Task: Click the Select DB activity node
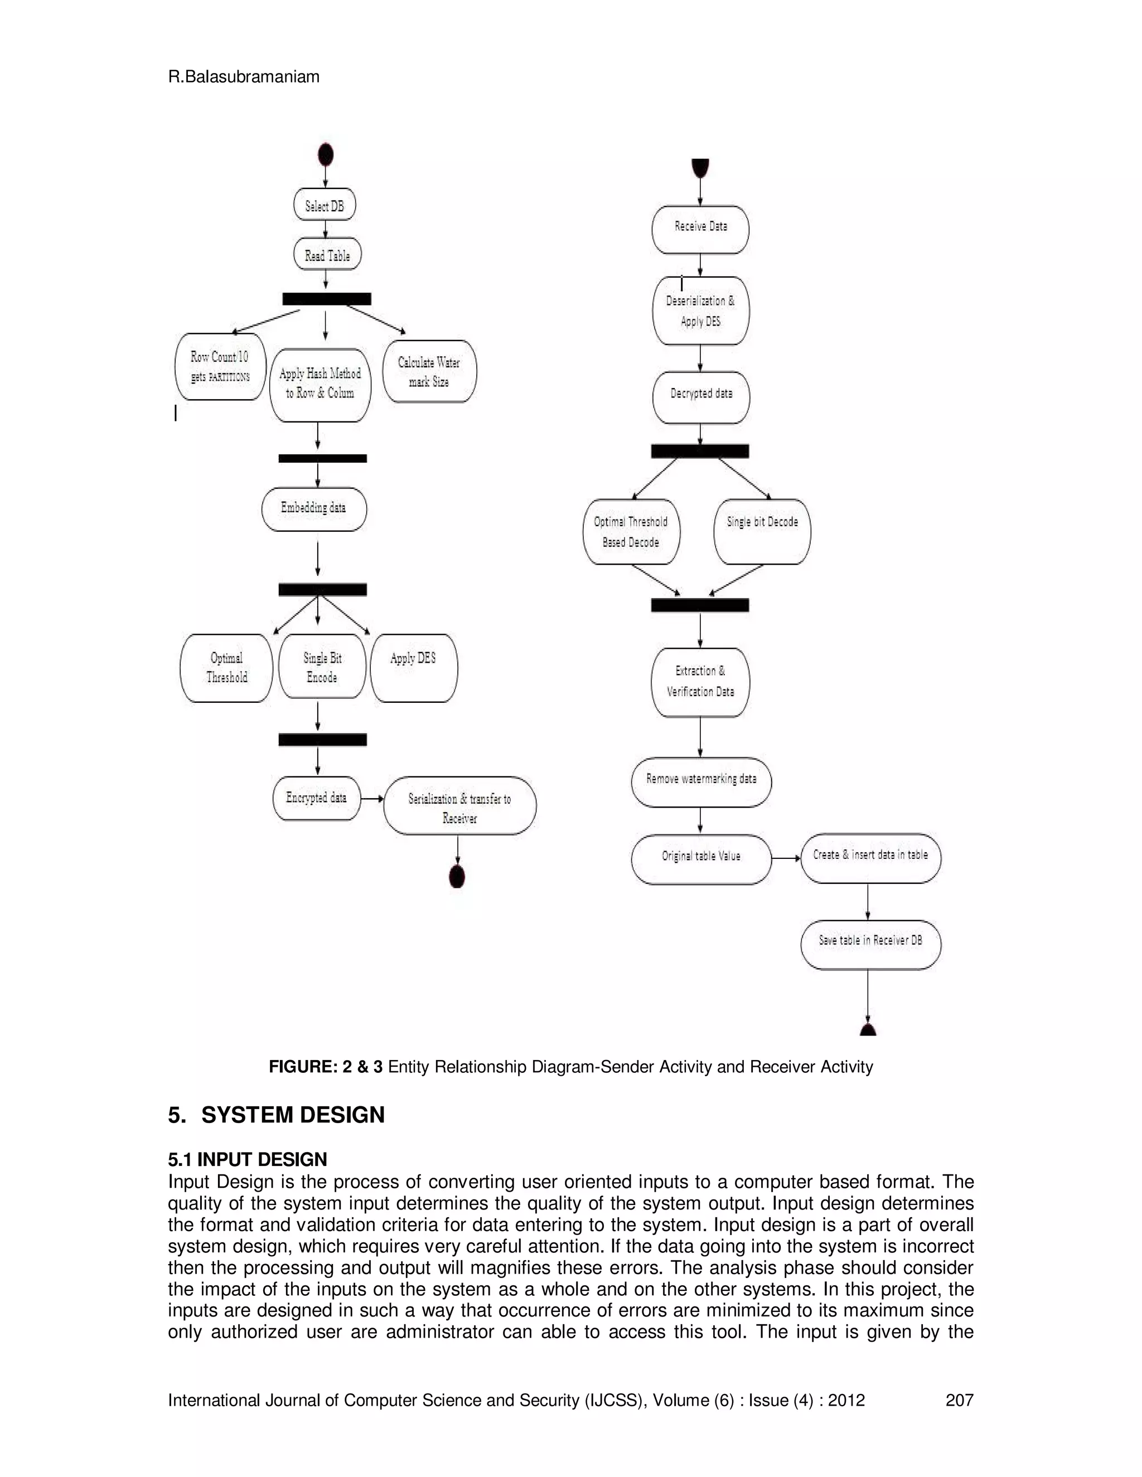point(325,205)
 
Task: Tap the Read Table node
point(327,255)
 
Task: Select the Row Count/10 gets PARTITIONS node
point(220,367)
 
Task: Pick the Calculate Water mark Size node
point(429,371)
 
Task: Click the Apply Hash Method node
point(320,384)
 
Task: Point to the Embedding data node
point(314,508)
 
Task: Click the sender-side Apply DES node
point(413,668)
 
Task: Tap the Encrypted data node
point(317,798)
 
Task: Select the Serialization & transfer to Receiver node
point(459,806)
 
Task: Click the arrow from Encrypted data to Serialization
point(371,799)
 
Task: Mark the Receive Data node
point(700,229)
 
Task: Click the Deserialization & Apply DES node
point(700,311)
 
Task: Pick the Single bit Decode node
point(762,532)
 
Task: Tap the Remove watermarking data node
point(701,781)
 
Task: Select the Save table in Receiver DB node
point(870,944)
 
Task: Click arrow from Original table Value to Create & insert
point(786,858)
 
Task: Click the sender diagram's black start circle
point(326,155)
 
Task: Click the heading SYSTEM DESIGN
point(292,1115)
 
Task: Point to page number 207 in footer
point(959,1400)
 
